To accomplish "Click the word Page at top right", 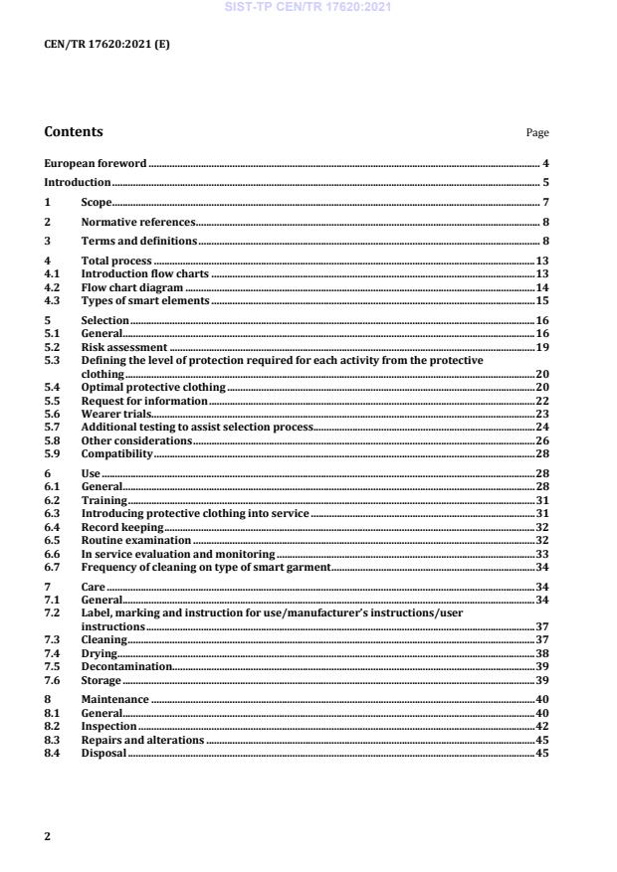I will [x=537, y=133].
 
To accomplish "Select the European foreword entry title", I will [x=96, y=162].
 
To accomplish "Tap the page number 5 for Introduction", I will [x=546, y=183].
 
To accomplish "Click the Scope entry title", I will [x=96, y=203].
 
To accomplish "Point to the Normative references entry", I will [x=137, y=222].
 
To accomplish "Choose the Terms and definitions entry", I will [x=138, y=242].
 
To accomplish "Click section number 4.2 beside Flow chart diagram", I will [x=52, y=286].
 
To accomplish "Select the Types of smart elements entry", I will [x=145, y=300].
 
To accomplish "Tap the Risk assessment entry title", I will [x=123, y=348].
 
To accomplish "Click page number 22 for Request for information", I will [x=542, y=400].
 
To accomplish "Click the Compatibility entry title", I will [x=116, y=452].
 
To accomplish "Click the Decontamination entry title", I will [x=125, y=666].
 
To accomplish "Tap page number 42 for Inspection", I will [x=542, y=727].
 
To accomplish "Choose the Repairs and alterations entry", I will [x=142, y=740].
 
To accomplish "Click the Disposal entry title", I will [x=103, y=753].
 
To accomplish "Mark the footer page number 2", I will [x=47, y=836].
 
